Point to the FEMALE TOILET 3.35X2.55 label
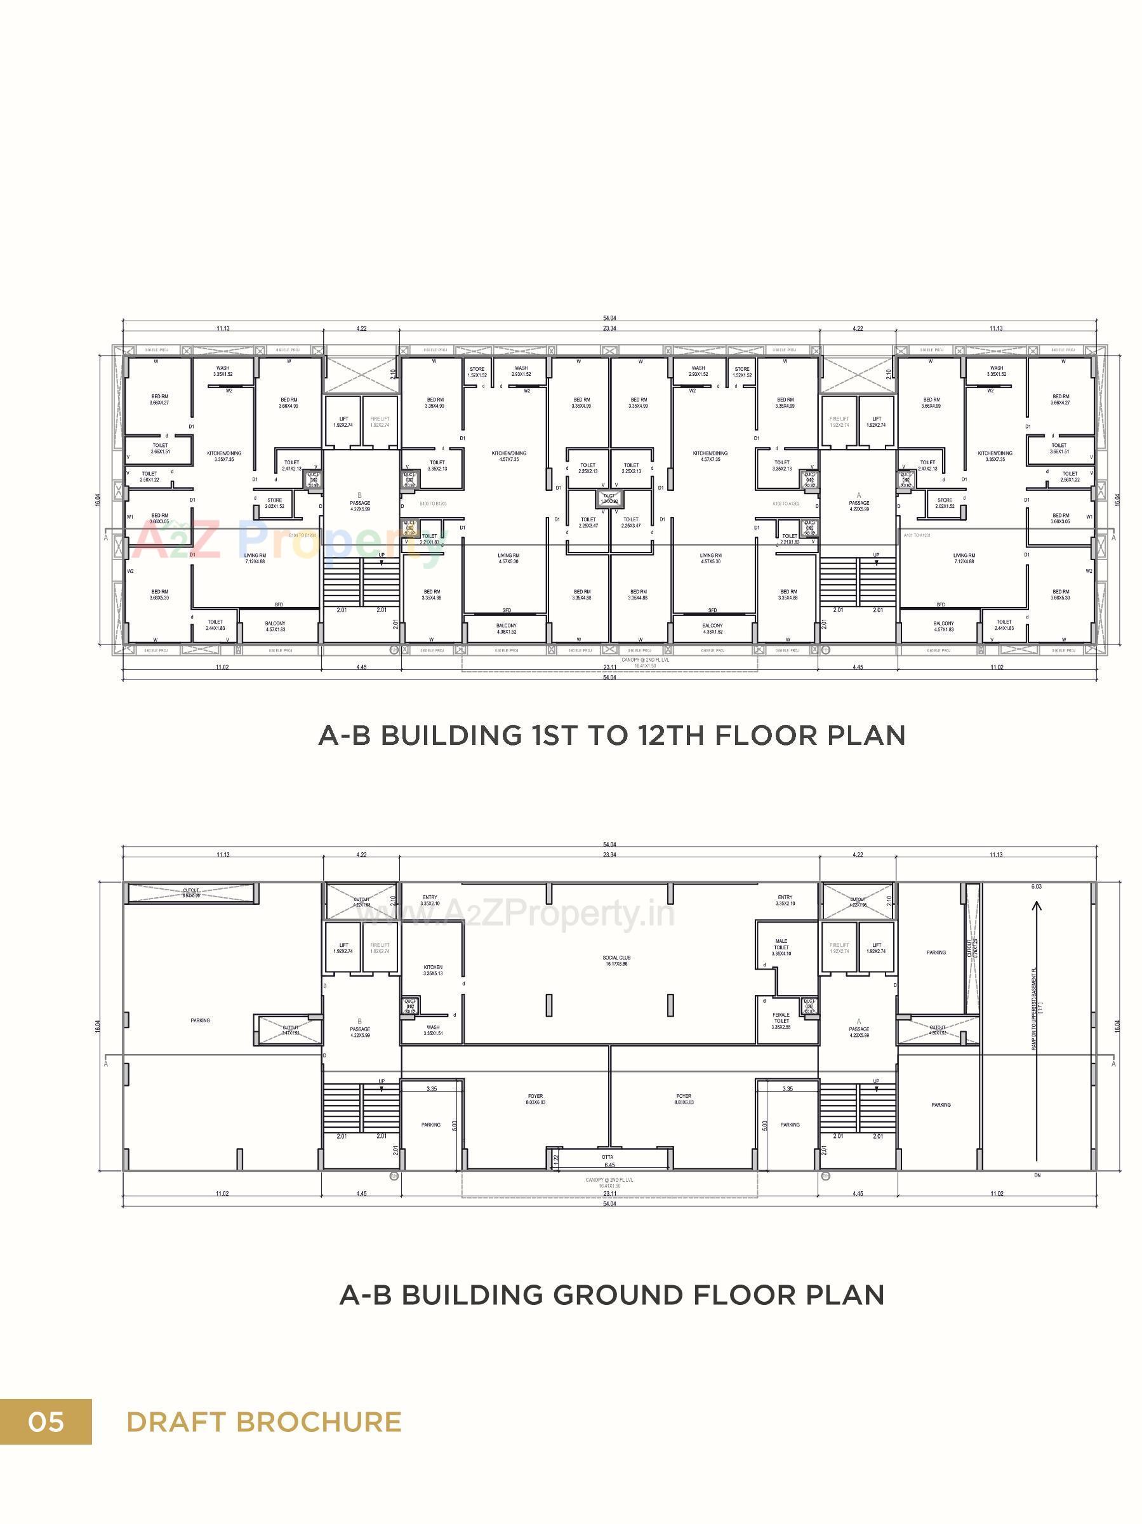(781, 1020)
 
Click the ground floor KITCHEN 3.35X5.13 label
(432, 970)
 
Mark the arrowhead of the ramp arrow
(1037, 905)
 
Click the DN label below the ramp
(1037, 1175)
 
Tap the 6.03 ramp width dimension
(1037, 886)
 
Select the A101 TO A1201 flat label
(918, 535)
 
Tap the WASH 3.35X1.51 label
(432, 1029)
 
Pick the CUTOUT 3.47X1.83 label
(290, 1029)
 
